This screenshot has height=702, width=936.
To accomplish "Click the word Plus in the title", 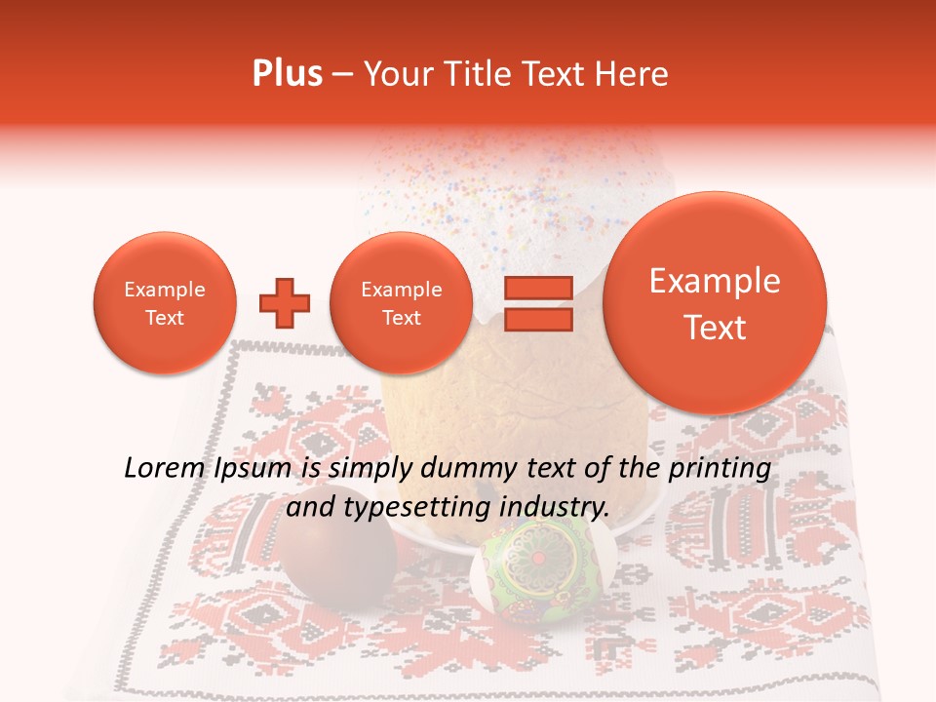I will [287, 74].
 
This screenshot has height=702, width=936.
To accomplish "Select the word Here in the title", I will [633, 74].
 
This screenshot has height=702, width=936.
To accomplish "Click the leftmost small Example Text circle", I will [164, 303].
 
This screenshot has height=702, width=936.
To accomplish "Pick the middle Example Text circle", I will [401, 303].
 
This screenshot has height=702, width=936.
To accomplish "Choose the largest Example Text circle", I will [715, 303].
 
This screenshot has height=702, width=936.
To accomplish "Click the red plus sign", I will [285, 303].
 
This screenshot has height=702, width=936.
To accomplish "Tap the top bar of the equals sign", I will [538, 289].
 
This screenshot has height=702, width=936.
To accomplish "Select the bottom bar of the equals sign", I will [538, 320].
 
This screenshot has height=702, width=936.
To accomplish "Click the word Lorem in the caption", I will [164, 469].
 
